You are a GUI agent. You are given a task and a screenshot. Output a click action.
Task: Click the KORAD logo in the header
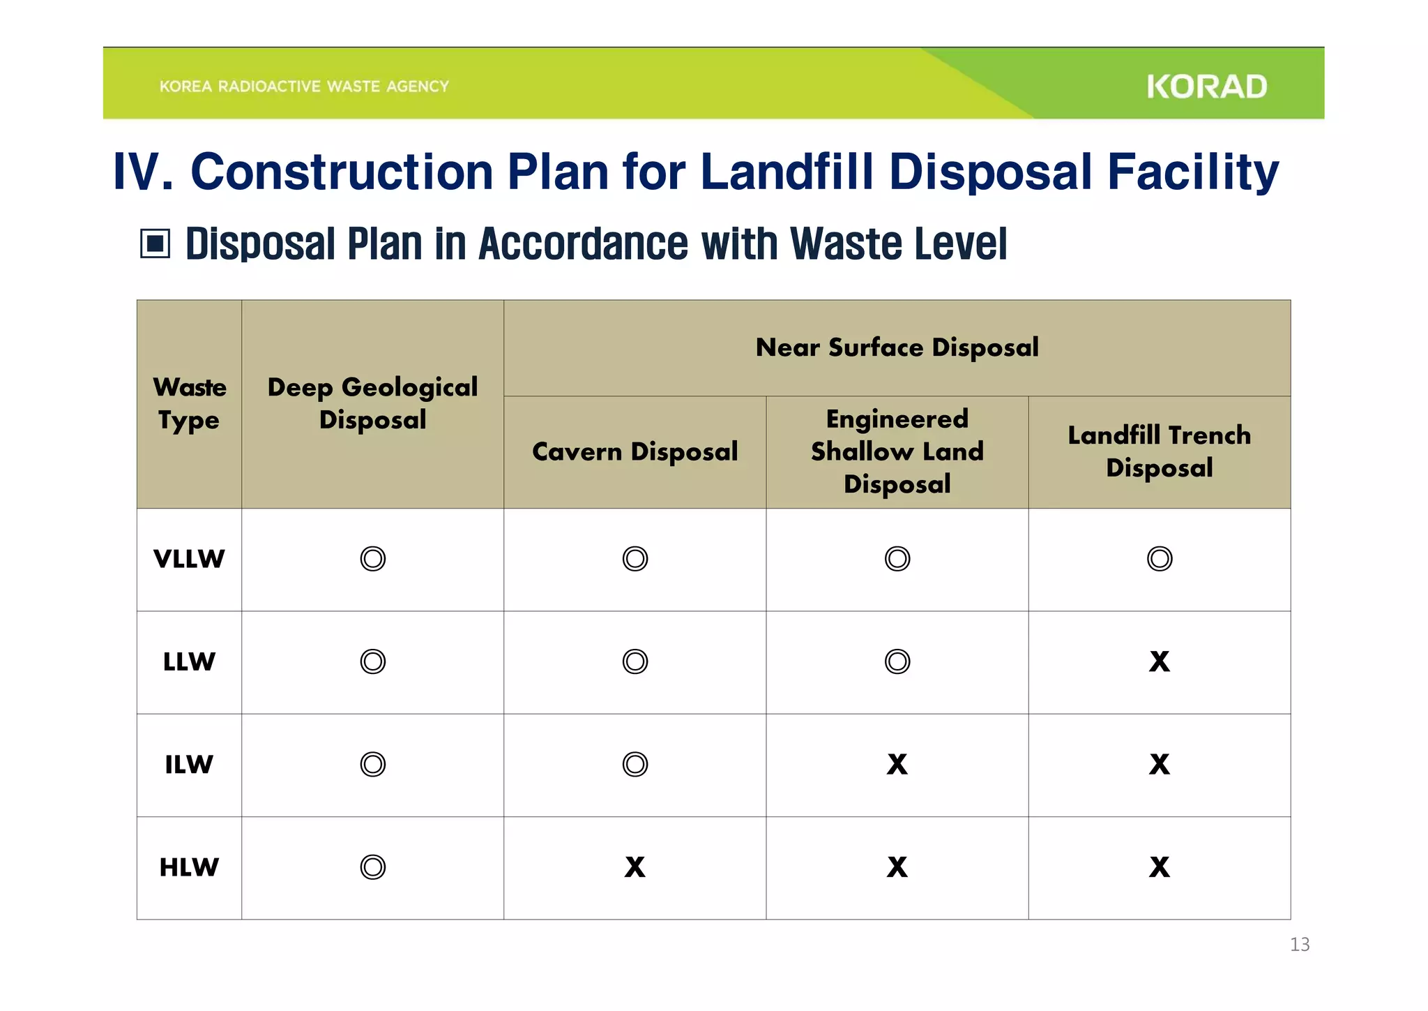(1206, 87)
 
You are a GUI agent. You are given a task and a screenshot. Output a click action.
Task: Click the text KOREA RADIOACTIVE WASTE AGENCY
(304, 87)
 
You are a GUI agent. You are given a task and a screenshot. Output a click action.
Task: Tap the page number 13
(1299, 944)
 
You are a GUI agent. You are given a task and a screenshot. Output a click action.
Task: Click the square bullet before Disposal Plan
(155, 244)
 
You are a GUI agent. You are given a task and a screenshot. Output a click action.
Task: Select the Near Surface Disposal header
(897, 347)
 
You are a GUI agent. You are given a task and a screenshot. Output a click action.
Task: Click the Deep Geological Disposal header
(372, 403)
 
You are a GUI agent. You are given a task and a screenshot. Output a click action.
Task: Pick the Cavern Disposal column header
(635, 451)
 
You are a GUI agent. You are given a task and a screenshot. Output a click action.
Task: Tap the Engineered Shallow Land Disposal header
(897, 451)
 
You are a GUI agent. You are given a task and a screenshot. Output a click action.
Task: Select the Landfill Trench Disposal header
(1159, 451)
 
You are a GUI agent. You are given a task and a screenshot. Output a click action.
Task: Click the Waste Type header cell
(189, 403)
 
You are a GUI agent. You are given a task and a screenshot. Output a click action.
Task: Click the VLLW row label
(189, 559)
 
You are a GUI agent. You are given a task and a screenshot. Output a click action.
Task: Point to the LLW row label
(189, 661)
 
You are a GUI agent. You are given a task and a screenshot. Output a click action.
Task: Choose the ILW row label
(189, 765)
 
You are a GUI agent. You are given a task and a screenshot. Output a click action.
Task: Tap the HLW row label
(189, 867)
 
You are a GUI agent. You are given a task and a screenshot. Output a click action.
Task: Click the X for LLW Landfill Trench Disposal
(1159, 661)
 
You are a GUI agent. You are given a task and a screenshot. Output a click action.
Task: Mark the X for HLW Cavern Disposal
(635, 867)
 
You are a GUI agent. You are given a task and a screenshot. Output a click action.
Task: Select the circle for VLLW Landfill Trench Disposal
(1159, 559)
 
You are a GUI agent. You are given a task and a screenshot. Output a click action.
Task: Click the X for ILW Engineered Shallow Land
(897, 765)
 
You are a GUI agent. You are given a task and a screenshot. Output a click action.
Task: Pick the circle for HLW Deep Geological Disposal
(372, 867)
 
